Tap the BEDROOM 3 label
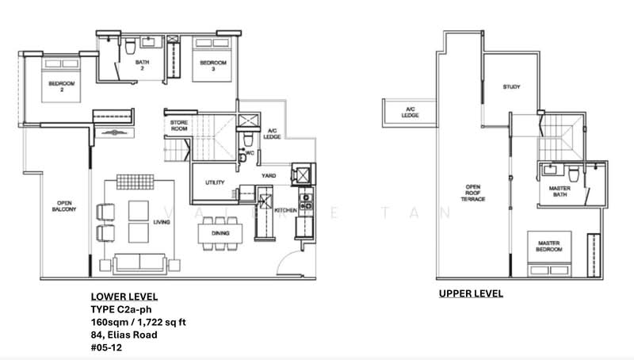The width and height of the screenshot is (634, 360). (x=212, y=63)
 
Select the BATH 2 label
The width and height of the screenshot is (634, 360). (x=143, y=66)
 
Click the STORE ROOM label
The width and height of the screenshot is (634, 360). (x=179, y=126)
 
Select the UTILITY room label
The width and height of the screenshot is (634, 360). (x=215, y=183)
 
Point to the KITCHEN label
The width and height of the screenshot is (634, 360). (x=285, y=211)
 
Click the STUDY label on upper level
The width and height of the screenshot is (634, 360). (x=511, y=86)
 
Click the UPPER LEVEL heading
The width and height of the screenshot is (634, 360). (x=471, y=293)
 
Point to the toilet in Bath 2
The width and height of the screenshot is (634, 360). (x=129, y=48)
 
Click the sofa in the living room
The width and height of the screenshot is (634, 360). (x=139, y=262)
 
